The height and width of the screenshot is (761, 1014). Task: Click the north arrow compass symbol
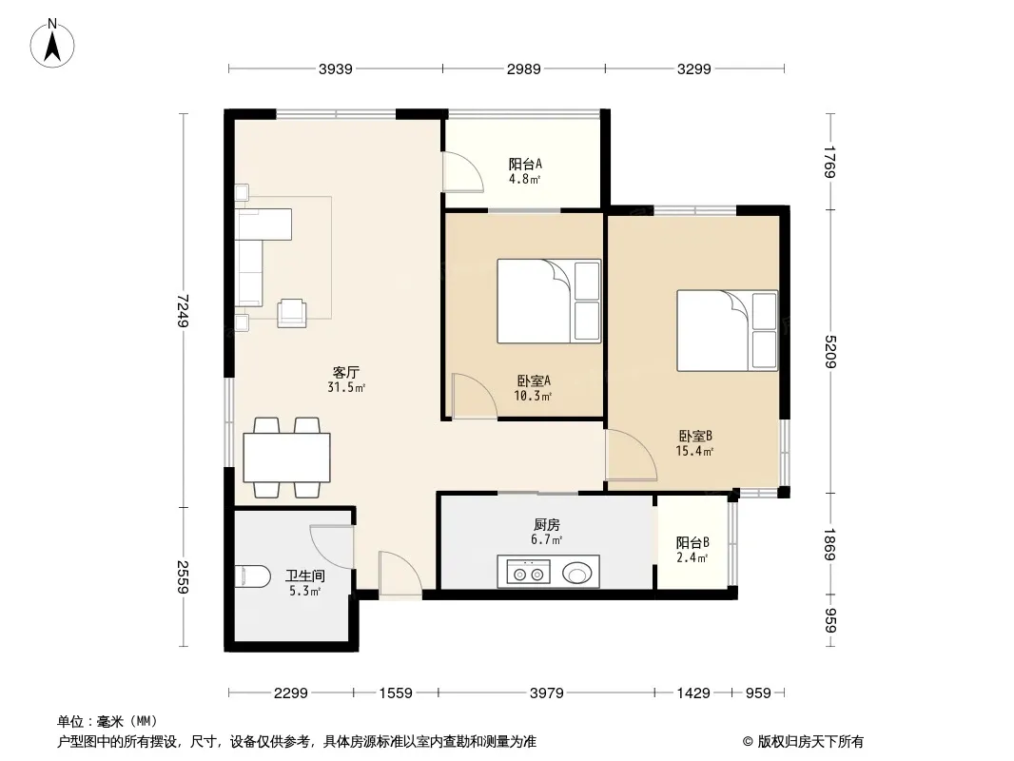click(x=52, y=44)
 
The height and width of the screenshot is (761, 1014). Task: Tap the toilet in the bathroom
click(x=253, y=576)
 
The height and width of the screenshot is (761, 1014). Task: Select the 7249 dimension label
click(x=184, y=310)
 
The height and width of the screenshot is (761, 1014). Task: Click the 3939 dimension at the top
click(x=336, y=68)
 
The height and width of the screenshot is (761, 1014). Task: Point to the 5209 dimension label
click(x=831, y=352)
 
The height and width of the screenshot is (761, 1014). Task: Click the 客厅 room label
click(x=346, y=373)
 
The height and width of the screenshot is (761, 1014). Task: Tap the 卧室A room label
click(x=534, y=380)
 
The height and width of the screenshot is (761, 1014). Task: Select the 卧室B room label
click(x=695, y=437)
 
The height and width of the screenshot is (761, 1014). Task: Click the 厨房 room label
click(x=547, y=525)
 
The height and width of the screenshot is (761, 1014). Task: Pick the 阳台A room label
click(x=525, y=165)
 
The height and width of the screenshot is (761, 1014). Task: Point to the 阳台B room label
click(x=692, y=542)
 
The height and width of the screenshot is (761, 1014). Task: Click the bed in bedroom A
click(x=549, y=302)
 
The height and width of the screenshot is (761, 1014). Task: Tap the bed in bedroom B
click(x=728, y=330)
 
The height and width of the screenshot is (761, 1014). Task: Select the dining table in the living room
click(x=286, y=458)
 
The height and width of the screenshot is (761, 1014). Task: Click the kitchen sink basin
click(x=576, y=573)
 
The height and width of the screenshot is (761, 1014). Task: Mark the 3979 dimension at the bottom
click(x=547, y=693)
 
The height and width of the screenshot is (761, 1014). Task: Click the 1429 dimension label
click(x=693, y=693)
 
